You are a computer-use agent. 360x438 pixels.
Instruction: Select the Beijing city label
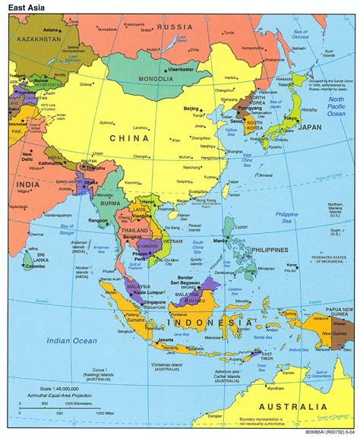point(191,110)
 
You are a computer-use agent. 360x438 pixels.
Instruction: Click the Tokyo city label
point(290,118)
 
